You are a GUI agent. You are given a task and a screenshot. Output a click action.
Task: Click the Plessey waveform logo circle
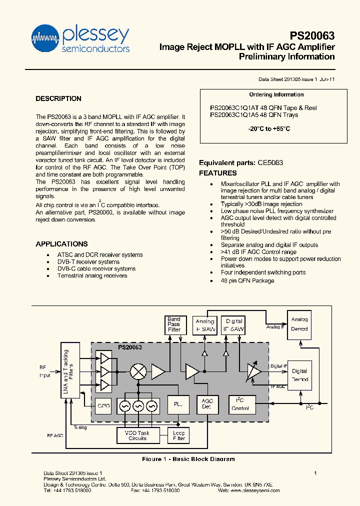point(46,38)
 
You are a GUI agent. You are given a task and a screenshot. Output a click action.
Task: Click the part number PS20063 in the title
point(312,36)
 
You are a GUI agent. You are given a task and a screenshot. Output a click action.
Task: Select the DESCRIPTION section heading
point(58,98)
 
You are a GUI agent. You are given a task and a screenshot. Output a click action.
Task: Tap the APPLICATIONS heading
point(61,244)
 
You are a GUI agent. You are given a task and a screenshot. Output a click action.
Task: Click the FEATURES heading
point(218,173)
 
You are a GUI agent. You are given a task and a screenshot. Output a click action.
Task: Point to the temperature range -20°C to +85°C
point(269,129)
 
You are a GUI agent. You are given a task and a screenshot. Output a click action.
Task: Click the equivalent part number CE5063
point(270,162)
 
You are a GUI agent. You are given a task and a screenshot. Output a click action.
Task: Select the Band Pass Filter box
point(174,324)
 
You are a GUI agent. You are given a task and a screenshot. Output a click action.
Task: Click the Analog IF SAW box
point(204,325)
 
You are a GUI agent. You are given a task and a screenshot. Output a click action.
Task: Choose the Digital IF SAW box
point(233,325)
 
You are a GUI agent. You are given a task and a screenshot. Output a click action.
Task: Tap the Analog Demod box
point(299,324)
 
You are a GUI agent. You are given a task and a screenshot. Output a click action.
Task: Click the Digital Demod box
point(299,375)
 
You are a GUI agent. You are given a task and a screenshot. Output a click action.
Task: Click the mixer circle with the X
point(137,371)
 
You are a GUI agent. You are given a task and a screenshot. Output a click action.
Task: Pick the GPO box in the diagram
point(103,405)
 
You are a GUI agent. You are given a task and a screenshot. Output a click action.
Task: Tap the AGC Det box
point(207,404)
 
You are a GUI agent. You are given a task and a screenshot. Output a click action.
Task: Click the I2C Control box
point(240,404)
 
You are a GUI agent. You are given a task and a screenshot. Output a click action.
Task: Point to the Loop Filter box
point(178,435)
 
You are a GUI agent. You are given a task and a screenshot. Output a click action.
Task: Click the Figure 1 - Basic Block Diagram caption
point(188,459)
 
